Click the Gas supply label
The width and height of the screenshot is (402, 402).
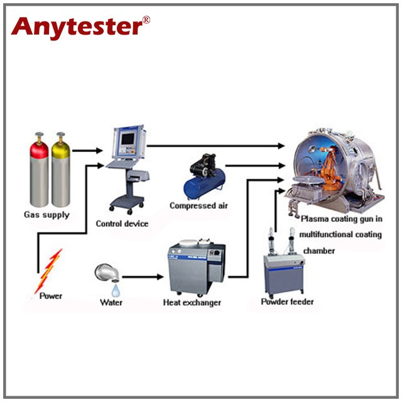[x=48, y=215]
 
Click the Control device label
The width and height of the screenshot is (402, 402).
[x=122, y=224]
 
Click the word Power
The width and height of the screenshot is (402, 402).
[x=50, y=295]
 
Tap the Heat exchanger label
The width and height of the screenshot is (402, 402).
[x=192, y=303]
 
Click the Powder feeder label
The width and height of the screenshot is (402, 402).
[x=287, y=302]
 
